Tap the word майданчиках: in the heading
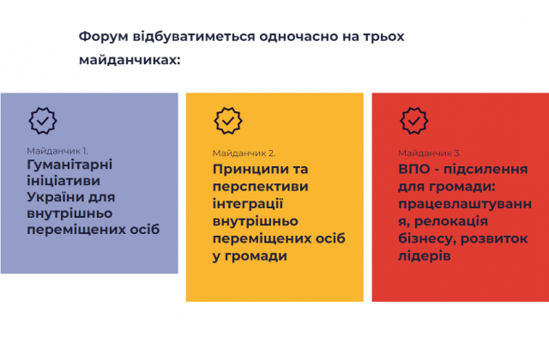pos(130,60)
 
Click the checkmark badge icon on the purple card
pos(43,121)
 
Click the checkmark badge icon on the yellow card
pos(228,121)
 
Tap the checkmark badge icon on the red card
pos(413,121)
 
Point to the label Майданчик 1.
pos(57,151)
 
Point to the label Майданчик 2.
pos(244,153)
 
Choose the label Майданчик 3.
pos(430,153)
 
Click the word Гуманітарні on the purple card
pos(69,165)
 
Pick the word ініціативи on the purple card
pos(63,181)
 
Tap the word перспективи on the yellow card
pos(261,187)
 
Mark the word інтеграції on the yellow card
pos(248,204)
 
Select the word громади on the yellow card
pos(256,256)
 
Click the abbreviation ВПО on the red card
pos(414,169)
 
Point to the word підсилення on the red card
pos(486,170)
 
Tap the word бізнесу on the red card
pos(427,238)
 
